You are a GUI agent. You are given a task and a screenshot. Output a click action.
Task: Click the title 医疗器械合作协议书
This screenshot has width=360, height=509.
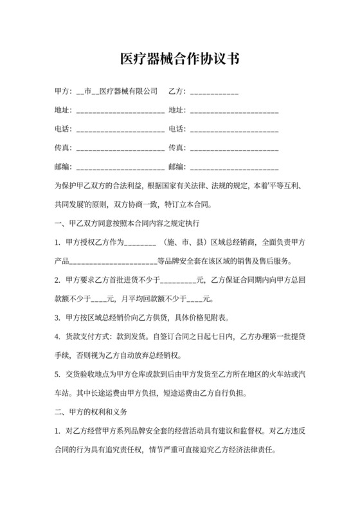[180, 59]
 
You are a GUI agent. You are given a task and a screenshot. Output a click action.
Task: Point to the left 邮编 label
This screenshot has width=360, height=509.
[62, 168]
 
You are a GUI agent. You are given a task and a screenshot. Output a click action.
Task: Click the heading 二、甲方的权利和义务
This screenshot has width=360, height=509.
[92, 411]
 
